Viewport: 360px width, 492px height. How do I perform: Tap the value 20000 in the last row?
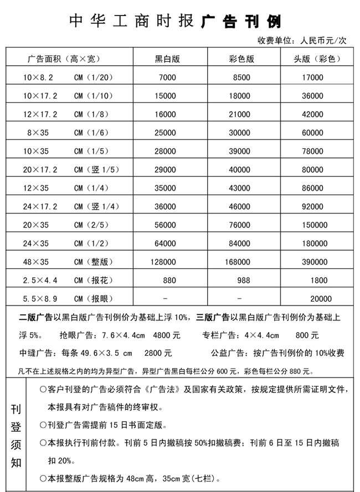[x=321, y=299]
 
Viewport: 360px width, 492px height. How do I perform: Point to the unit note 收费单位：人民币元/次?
[x=301, y=40]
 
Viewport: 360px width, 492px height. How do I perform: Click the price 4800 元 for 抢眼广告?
[x=166, y=335]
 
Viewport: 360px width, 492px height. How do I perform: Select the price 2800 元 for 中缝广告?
[x=158, y=353]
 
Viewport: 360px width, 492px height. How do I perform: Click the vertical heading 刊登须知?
[x=16, y=434]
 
